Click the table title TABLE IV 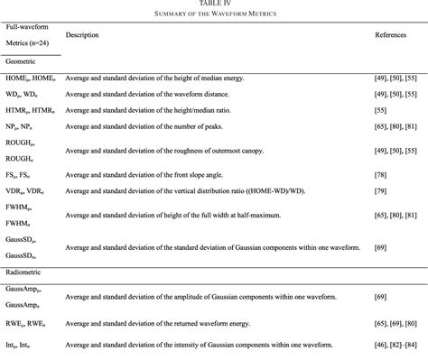tap(214, 4)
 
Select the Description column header tap(82, 34)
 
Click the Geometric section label tap(23, 61)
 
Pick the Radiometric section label tap(26, 271)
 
